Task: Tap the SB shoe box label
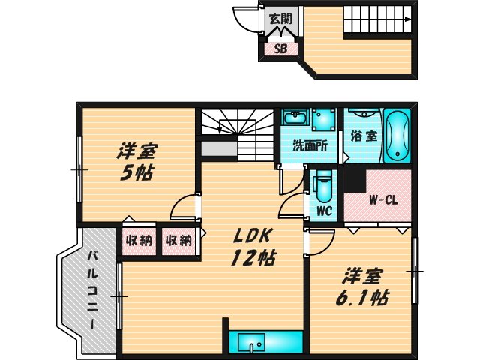(x=280, y=49)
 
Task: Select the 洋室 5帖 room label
(x=136, y=160)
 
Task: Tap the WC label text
(x=324, y=211)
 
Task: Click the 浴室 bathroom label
(x=363, y=138)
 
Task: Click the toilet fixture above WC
(x=323, y=184)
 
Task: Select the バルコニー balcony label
(x=90, y=289)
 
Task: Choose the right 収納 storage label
(x=178, y=241)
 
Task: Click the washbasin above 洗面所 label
(x=295, y=118)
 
